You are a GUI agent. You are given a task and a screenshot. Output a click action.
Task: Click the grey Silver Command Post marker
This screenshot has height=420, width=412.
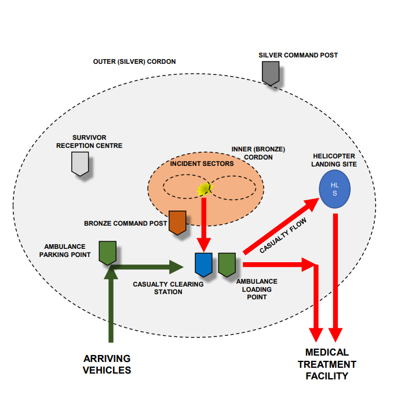pyautogui.click(x=270, y=73)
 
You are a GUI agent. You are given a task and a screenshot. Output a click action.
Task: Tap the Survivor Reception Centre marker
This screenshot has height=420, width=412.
pyautogui.click(x=80, y=164)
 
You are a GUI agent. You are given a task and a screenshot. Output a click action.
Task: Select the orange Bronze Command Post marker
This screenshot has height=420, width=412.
pyautogui.click(x=177, y=222)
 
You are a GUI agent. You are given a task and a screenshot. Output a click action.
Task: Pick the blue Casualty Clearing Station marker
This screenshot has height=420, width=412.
pyautogui.click(x=203, y=264)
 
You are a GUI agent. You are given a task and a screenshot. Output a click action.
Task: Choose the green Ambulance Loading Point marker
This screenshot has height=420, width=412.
pyautogui.click(x=227, y=264)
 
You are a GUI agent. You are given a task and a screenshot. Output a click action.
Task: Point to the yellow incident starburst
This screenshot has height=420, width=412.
pyautogui.click(x=203, y=188)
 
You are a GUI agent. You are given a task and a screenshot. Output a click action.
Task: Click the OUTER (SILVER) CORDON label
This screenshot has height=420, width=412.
pyautogui.click(x=134, y=61)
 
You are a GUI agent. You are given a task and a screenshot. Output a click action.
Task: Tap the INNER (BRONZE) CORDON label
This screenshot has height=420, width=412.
pyautogui.click(x=258, y=153)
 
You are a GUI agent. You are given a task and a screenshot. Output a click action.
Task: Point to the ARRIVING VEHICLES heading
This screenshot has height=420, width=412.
pyautogui.click(x=107, y=364)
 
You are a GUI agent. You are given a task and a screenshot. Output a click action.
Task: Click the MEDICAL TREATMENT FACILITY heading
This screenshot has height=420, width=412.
pyautogui.click(x=327, y=364)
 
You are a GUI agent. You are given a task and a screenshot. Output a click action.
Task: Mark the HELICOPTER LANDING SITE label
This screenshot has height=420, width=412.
pyautogui.click(x=334, y=160)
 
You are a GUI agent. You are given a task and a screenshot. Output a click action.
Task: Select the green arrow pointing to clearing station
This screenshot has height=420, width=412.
pyautogui.click(x=151, y=267)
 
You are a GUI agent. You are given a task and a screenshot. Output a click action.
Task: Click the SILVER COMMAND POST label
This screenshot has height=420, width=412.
pyautogui.click(x=298, y=55)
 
